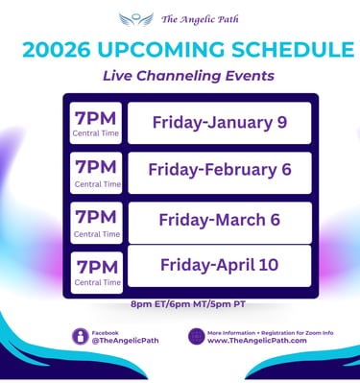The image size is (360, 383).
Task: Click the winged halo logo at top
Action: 136,19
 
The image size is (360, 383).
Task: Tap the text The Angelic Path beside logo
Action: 200,19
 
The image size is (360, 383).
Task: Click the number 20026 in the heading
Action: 57,50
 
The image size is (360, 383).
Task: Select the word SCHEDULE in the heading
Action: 293,50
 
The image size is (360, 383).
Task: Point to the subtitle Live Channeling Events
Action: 188,76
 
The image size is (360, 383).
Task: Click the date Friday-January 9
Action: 220,123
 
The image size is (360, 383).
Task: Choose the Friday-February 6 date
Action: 220,170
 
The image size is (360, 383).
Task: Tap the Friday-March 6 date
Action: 220,220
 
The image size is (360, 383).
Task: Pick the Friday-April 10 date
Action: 220,265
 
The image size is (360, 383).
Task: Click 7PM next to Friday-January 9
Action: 96,119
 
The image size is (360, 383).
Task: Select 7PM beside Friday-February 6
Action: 96,167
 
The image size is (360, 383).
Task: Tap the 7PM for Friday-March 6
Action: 96,217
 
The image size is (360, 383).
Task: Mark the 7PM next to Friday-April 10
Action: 97,267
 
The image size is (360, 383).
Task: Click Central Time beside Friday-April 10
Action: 98,282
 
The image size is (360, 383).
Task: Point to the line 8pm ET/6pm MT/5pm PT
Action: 188,304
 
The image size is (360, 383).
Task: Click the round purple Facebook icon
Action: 80,336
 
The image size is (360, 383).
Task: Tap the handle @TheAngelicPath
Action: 125,341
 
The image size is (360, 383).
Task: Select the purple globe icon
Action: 197,336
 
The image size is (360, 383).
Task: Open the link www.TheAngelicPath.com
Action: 257,341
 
